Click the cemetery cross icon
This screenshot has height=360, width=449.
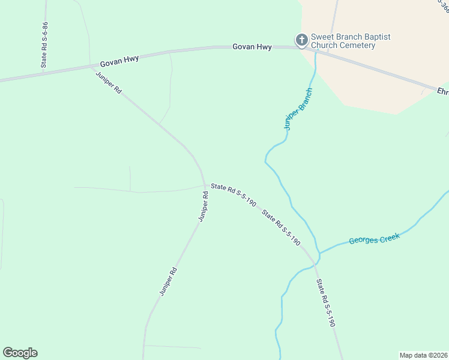click(301, 40)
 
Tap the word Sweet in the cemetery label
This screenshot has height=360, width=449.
click(322, 37)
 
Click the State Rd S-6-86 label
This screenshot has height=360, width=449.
click(44, 44)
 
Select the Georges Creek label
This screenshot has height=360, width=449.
click(374, 238)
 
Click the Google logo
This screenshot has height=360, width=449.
click(20, 353)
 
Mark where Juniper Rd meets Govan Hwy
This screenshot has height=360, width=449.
click(92, 68)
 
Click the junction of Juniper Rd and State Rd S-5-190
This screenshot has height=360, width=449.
click(205, 184)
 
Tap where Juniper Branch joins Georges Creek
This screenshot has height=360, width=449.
click(319, 253)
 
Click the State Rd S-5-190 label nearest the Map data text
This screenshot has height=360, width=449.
click(325, 302)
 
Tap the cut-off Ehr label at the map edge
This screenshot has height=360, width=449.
click(442, 92)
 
